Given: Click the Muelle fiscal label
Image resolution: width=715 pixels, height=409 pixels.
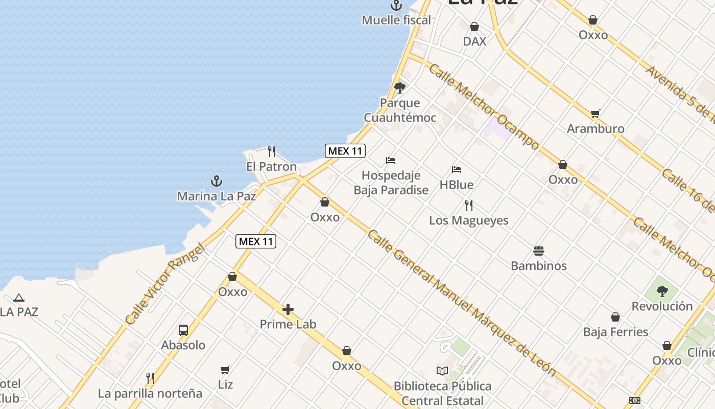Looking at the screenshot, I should [x=396, y=20].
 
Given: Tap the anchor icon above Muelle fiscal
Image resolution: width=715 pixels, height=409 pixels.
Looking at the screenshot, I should [x=396, y=6].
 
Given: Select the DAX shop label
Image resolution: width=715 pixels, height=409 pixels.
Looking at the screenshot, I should [x=474, y=41].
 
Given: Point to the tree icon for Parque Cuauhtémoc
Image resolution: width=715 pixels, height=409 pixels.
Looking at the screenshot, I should [x=400, y=88].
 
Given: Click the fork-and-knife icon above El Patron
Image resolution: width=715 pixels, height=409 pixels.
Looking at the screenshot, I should [x=272, y=151].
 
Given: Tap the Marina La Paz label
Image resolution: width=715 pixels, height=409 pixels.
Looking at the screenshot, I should [x=217, y=196].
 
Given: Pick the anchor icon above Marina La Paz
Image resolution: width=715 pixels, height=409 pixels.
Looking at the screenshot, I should [x=217, y=181].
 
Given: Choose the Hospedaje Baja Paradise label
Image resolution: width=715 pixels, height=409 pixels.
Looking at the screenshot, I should [x=391, y=183].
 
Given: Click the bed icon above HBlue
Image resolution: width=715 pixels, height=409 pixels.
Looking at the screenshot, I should [x=457, y=170].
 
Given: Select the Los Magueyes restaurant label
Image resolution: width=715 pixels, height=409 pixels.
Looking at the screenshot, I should [x=469, y=220].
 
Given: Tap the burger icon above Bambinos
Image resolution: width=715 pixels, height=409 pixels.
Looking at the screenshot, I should [x=539, y=251].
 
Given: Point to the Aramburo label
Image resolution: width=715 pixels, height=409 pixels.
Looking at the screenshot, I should [x=595, y=128].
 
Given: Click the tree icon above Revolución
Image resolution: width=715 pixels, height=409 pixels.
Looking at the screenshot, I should [x=662, y=291].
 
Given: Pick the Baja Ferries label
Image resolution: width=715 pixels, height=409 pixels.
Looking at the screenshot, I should [x=615, y=332].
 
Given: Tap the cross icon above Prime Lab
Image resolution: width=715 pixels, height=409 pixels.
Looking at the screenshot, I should [x=288, y=309].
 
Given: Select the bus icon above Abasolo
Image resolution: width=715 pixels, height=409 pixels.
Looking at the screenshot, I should [x=183, y=330].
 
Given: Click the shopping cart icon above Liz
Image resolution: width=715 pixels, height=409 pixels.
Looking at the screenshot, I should [x=225, y=370].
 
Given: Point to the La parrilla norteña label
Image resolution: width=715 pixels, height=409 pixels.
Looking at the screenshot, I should [x=150, y=393].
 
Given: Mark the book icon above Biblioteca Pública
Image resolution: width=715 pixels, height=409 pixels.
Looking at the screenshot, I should [x=442, y=371].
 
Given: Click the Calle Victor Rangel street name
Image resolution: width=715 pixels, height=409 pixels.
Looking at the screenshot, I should [x=164, y=284].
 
